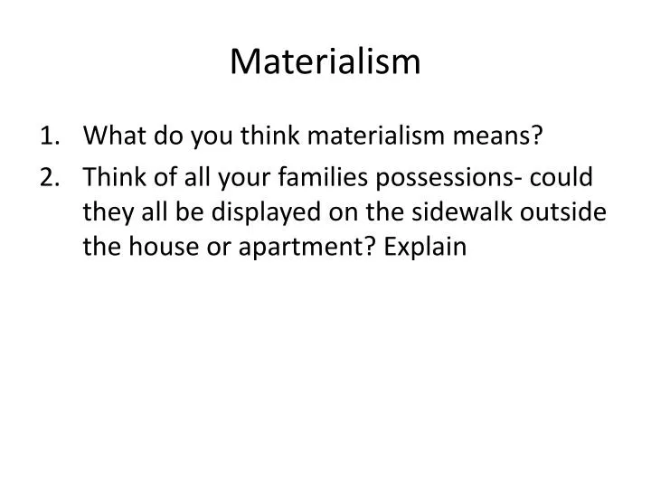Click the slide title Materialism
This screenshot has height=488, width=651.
tap(325, 61)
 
